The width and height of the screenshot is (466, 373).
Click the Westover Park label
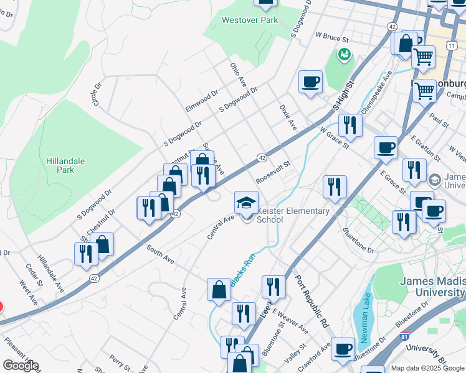[250, 20]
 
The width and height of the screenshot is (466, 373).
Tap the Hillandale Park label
[65, 165]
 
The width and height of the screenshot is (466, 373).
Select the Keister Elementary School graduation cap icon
[246, 203]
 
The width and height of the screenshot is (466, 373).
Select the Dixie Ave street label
[288, 116]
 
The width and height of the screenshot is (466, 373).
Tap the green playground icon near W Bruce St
[343, 55]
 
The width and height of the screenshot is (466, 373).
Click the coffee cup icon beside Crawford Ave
[343, 349]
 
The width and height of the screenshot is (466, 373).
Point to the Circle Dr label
[97, 94]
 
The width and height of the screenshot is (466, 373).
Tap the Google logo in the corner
[20, 366]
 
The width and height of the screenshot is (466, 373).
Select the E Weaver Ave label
[290, 323]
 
